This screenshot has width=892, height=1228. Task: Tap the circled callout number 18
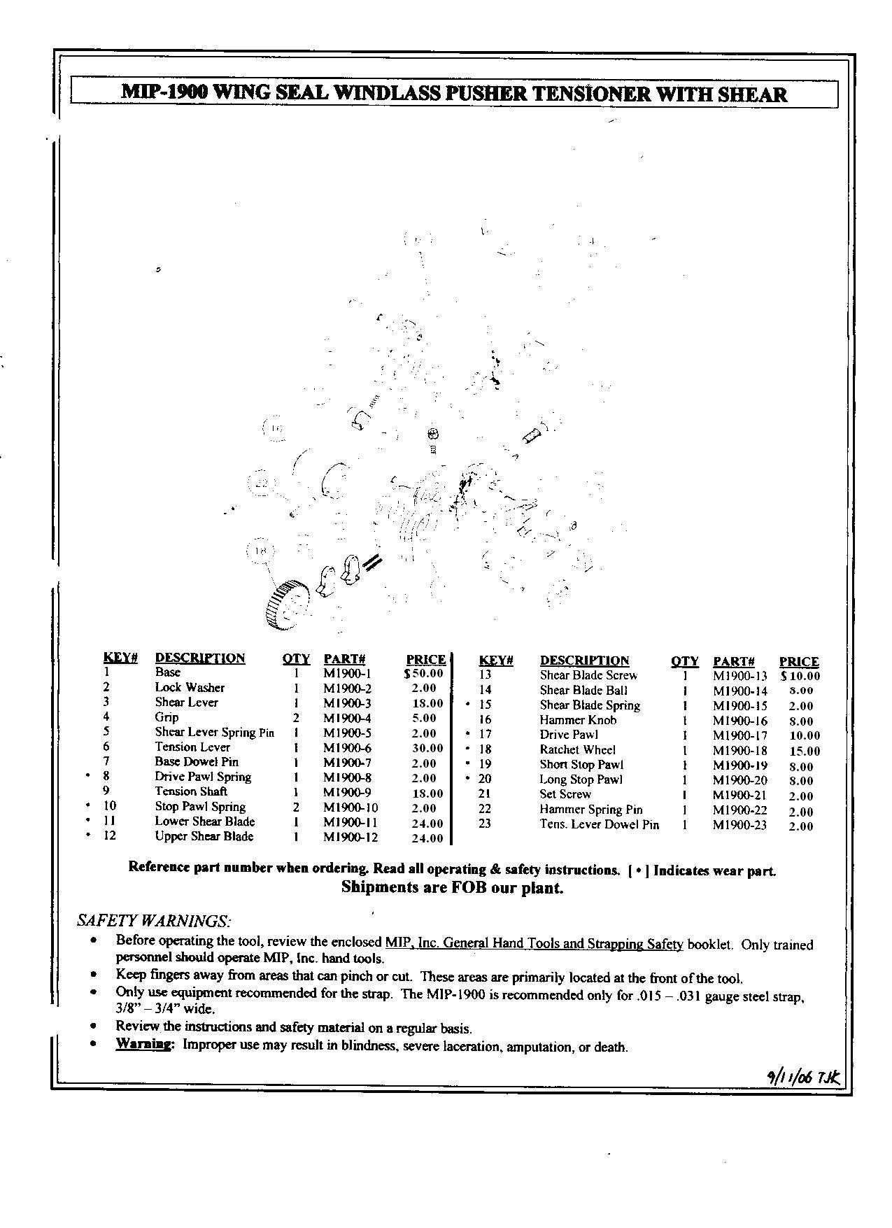pyautogui.click(x=260, y=551)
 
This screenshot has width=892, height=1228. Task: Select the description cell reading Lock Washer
pyautogui.click(x=190, y=688)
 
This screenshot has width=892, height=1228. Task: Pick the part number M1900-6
pyautogui.click(x=347, y=747)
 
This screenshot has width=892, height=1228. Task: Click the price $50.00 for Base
pyautogui.click(x=424, y=674)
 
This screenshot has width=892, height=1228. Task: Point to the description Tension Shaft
pyautogui.click(x=191, y=791)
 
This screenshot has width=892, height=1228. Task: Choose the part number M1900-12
pyautogui.click(x=351, y=837)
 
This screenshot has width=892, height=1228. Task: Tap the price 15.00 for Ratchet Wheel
pyautogui.click(x=802, y=751)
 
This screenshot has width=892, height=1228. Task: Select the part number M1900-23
pyautogui.click(x=739, y=826)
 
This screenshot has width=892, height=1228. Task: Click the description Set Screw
pyautogui.click(x=565, y=794)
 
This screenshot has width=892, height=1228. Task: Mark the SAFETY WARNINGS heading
pyautogui.click(x=154, y=919)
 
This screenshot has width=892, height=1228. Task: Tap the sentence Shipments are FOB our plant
pyautogui.click(x=452, y=888)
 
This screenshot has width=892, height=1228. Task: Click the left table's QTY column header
pyautogui.click(x=296, y=658)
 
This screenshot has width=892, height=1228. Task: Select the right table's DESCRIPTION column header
pyautogui.click(x=584, y=661)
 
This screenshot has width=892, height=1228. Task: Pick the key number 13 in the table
pyautogui.click(x=485, y=675)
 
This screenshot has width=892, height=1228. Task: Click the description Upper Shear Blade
pyautogui.click(x=204, y=837)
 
